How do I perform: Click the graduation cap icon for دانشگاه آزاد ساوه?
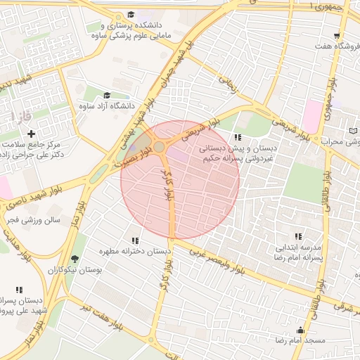pos(107,95)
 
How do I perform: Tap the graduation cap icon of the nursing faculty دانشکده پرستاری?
pos(131,15)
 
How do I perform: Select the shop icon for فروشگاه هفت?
pos(337,35)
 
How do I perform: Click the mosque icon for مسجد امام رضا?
pos(301,330)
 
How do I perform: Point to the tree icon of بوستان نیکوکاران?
pos(75,259)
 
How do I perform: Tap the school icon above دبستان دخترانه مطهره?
pos(135,240)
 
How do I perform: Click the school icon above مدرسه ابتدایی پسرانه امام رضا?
pos(298,237)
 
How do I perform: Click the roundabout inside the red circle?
pos(160,147)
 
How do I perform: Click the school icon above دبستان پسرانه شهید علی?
pos(19,289)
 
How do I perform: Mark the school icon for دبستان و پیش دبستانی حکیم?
pos(238,138)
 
